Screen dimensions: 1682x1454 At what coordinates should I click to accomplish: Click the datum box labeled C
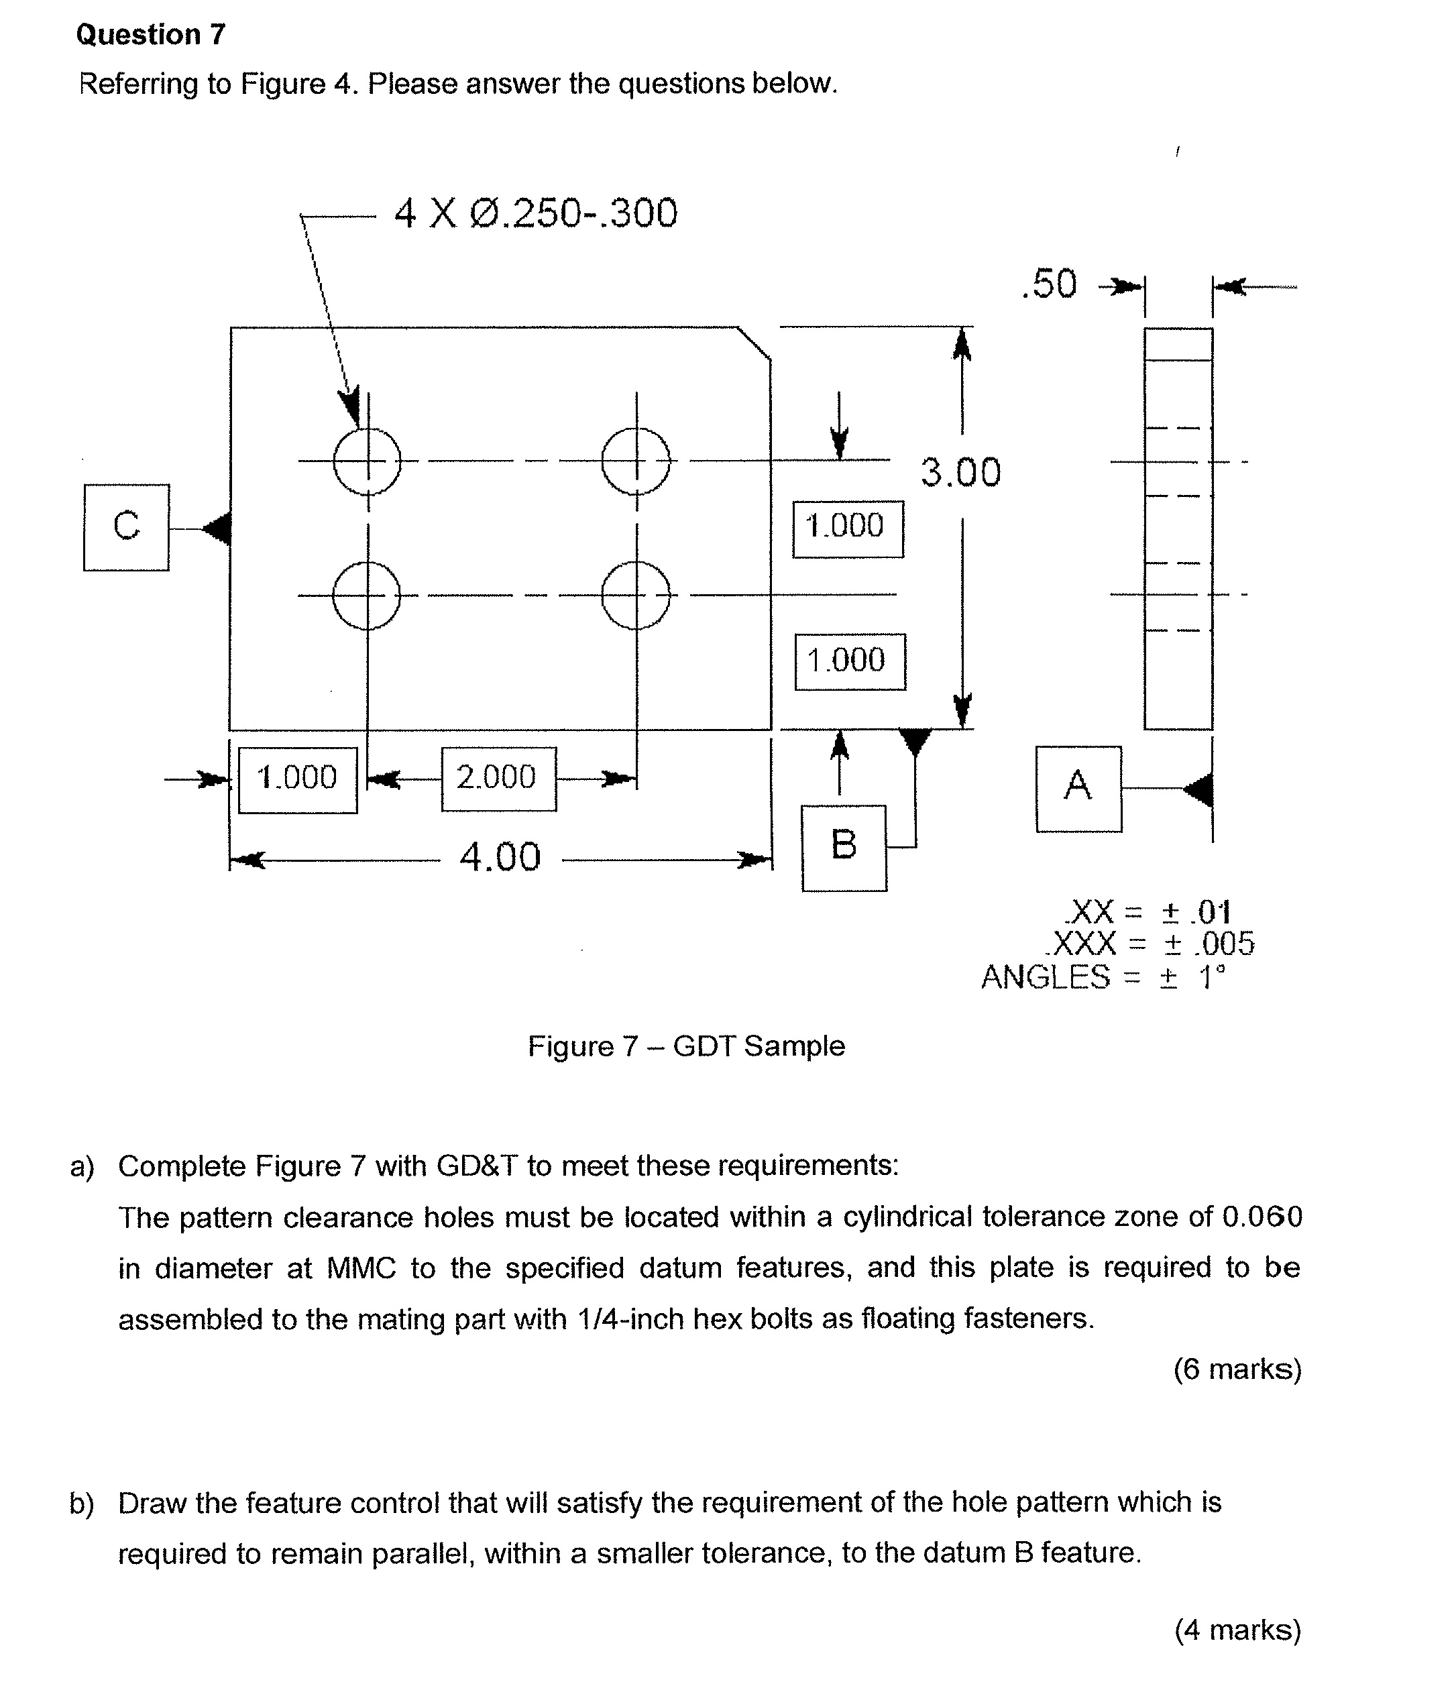(126, 528)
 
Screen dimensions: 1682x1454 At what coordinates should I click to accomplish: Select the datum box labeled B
(844, 848)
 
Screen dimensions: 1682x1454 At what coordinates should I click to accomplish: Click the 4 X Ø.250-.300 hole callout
(536, 213)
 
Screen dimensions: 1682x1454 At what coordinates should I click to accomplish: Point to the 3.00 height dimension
(960, 472)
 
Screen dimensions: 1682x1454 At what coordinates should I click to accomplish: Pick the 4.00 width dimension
(499, 857)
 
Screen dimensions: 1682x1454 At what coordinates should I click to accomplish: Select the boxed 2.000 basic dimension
(498, 779)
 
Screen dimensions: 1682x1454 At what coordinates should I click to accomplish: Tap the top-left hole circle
(367, 461)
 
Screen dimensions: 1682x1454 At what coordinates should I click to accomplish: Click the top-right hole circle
(636, 461)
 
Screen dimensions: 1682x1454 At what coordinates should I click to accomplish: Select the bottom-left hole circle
(367, 595)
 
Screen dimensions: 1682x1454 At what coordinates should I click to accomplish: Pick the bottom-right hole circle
(636, 595)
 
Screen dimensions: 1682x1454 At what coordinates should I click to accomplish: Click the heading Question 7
(150, 34)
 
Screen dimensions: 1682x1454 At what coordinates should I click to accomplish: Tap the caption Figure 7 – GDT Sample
(686, 1046)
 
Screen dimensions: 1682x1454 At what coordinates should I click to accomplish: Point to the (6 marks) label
(1237, 1369)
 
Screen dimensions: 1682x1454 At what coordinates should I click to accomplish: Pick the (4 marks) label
(1237, 1629)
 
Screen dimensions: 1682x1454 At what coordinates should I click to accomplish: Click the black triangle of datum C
(217, 528)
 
